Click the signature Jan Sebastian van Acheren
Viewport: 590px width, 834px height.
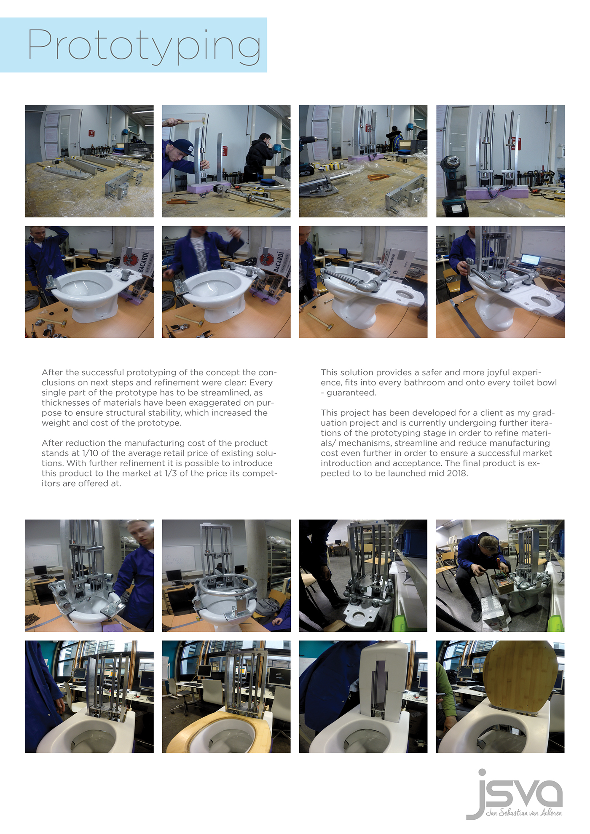pos(524,813)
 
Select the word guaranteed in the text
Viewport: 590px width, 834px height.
pos(351,393)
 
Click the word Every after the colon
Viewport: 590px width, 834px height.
pos(261,382)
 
